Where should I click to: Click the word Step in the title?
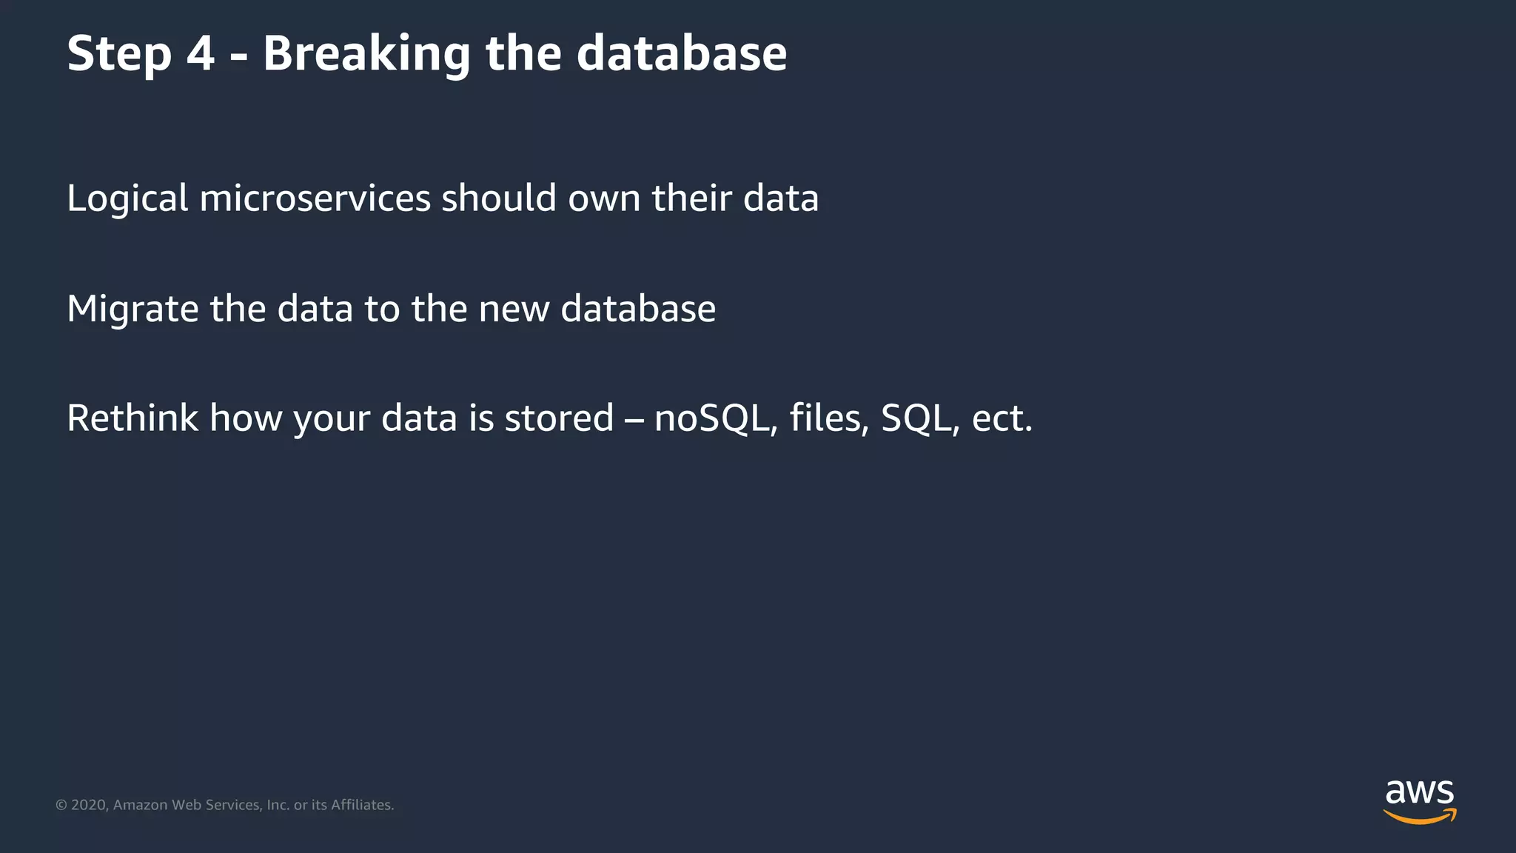(119, 54)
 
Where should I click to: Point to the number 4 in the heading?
(201, 54)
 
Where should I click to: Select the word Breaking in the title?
(366, 54)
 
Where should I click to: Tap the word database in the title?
(681, 54)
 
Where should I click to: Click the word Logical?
(127, 199)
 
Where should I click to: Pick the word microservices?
(315, 199)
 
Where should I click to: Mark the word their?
(691, 199)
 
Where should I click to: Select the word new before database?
(514, 310)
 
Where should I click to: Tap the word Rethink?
(133, 418)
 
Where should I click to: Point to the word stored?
(559, 418)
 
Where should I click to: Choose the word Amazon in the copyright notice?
(140, 805)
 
